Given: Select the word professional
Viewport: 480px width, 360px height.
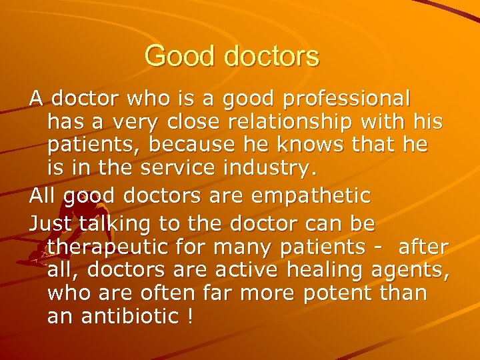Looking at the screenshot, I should (x=347, y=99).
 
